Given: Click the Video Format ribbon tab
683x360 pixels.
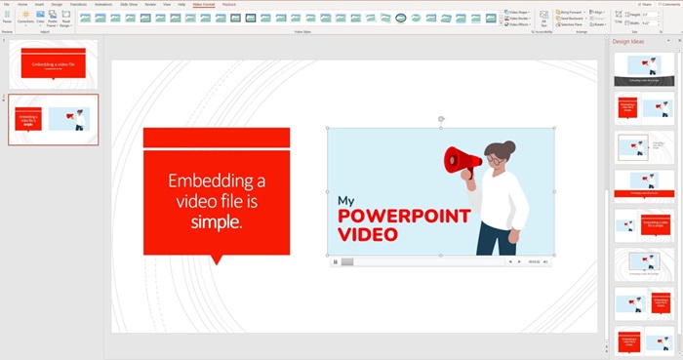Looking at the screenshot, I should click(204, 4).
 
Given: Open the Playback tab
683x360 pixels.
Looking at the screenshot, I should click(229, 4).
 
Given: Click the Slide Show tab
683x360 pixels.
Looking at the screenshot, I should click(128, 4).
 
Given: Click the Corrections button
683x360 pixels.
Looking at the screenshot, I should click(24, 18).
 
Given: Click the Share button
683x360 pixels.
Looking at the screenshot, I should click(641, 4).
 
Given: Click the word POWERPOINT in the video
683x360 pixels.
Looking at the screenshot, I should click(404, 217).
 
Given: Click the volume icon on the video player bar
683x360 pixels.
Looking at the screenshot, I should click(545, 261).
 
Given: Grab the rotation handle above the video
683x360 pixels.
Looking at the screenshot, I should click(441, 119).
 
